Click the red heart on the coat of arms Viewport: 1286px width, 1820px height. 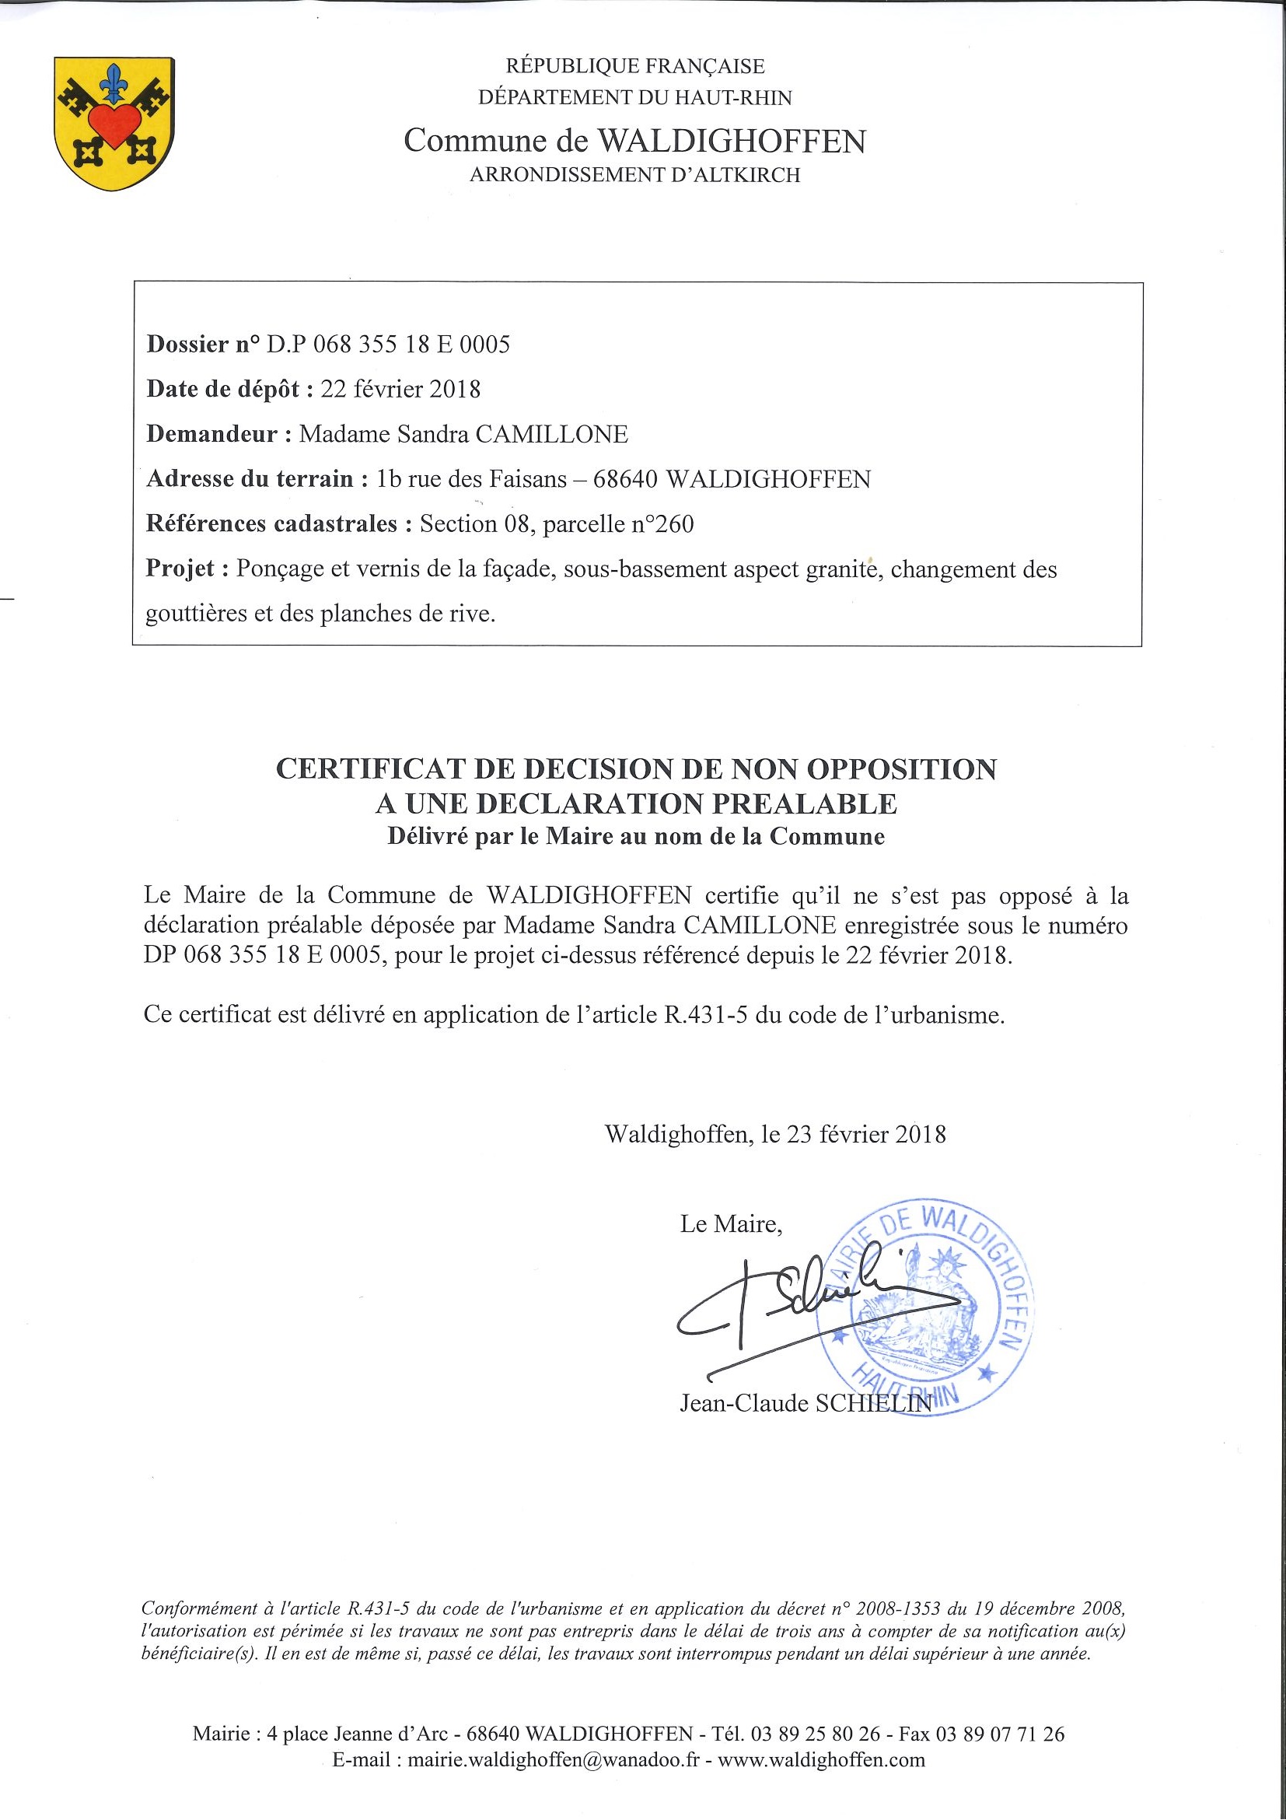point(114,124)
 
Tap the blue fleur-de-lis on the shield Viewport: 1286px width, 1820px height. point(115,82)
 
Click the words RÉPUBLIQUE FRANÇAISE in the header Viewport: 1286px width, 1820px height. point(635,67)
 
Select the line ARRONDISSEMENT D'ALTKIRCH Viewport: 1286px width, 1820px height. point(634,175)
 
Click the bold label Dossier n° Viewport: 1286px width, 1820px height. point(203,344)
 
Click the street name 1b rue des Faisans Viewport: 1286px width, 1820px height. point(472,479)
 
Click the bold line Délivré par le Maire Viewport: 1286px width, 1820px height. point(635,837)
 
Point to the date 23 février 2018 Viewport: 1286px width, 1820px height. point(866,1134)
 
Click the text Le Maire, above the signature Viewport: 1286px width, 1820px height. point(731,1225)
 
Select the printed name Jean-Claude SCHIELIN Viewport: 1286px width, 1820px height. point(805,1403)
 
